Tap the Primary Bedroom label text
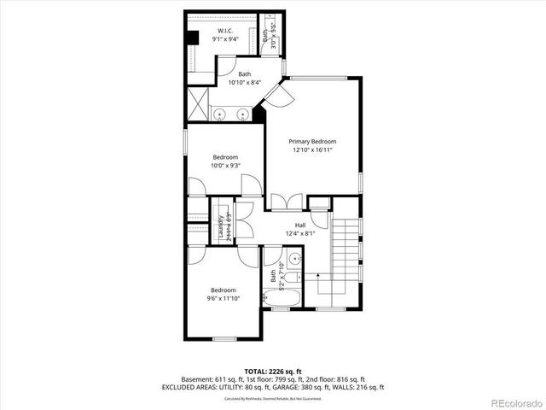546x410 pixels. click(311, 142)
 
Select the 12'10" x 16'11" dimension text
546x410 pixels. click(311, 150)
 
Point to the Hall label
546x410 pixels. click(300, 225)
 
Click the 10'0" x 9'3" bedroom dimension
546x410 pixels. click(225, 167)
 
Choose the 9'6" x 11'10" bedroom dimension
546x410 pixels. click(224, 299)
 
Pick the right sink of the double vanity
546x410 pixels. click(242, 114)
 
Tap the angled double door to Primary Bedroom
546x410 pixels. click(277, 96)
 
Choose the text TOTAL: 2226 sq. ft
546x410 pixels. click(272, 371)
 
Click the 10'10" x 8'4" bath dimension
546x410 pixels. click(245, 83)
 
